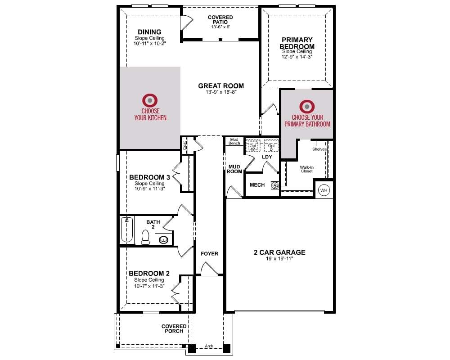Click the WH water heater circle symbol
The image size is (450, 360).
pyautogui.click(x=324, y=190)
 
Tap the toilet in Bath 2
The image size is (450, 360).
pyautogui.click(x=145, y=237)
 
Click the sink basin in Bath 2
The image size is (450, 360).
pyautogui.click(x=164, y=239)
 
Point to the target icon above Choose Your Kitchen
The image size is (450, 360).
pyautogui.click(x=150, y=100)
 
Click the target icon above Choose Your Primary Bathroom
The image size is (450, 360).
pyautogui.click(x=307, y=107)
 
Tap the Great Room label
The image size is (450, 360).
pyautogui.click(x=221, y=86)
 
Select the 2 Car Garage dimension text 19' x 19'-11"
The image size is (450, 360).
pyautogui.click(x=279, y=259)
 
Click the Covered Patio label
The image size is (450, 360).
pyautogui.click(x=220, y=19)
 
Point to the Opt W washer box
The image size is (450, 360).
pyautogui.click(x=253, y=145)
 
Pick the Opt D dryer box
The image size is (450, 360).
pyautogui.click(x=271, y=145)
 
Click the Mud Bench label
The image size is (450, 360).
pyautogui.click(x=234, y=141)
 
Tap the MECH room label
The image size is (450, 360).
pyautogui.click(x=257, y=185)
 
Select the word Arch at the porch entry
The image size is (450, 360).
pyautogui.click(x=209, y=346)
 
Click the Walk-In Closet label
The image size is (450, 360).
pyautogui.click(x=307, y=169)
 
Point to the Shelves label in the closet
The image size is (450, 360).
pyautogui.click(x=319, y=149)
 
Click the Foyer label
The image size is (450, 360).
pyautogui.click(x=210, y=253)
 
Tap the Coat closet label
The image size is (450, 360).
pyautogui.click(x=184, y=145)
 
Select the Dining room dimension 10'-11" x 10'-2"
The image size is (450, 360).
pyautogui.click(x=149, y=44)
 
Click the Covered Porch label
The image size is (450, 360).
pyautogui.click(x=174, y=328)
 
